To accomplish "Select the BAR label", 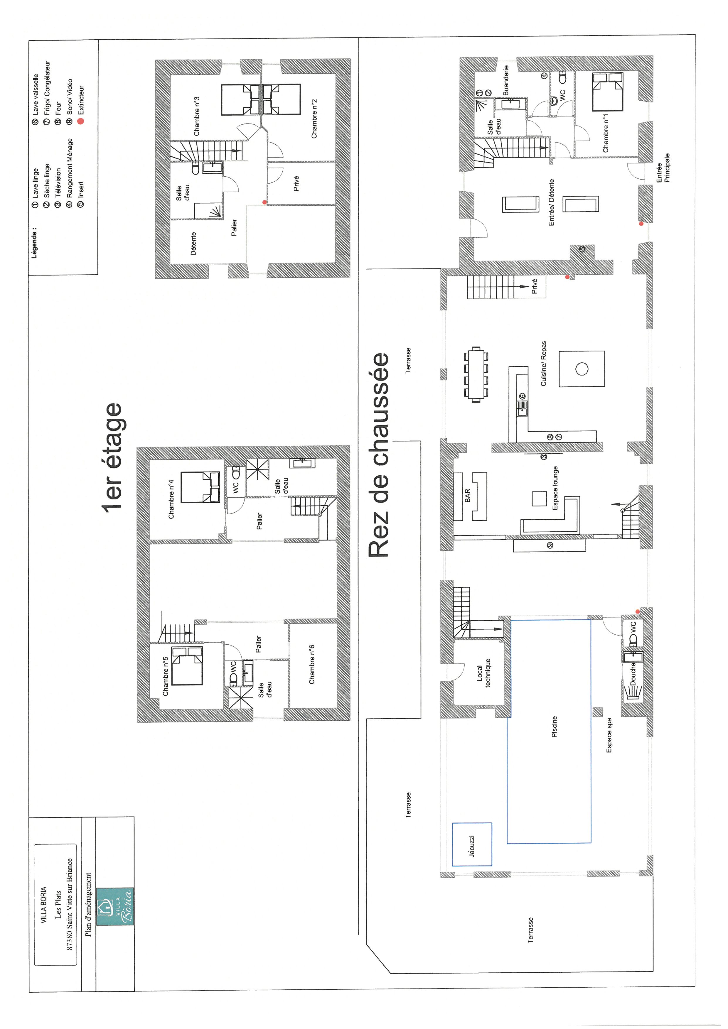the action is pyautogui.click(x=468, y=495).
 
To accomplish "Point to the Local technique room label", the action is pyautogui.click(x=484, y=673).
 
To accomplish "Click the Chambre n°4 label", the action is pyautogui.click(x=171, y=500).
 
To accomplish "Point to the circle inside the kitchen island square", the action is pyautogui.click(x=582, y=369).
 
